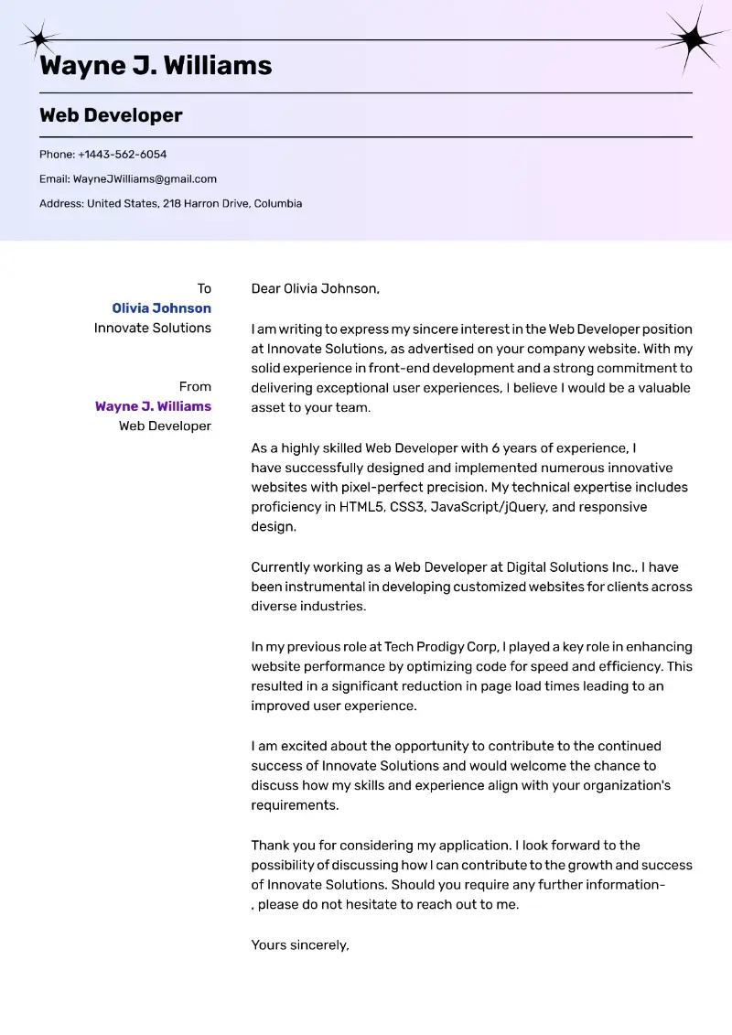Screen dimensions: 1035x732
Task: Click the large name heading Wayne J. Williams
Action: point(156,66)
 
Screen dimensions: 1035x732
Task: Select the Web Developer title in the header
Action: point(111,115)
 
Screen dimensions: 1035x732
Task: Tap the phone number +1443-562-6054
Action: point(122,155)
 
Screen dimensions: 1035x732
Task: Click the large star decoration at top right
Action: point(693,38)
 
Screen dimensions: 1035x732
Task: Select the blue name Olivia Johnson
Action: point(161,308)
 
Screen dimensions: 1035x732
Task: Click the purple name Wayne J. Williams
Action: point(153,406)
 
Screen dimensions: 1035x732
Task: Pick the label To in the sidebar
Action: point(204,288)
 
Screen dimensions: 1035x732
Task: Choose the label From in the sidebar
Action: point(195,386)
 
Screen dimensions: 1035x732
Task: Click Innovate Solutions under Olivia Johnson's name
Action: point(152,328)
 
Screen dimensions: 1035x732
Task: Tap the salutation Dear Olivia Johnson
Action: point(315,288)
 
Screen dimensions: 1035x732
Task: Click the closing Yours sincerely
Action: point(300,944)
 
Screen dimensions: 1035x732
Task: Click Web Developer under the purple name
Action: point(165,426)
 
